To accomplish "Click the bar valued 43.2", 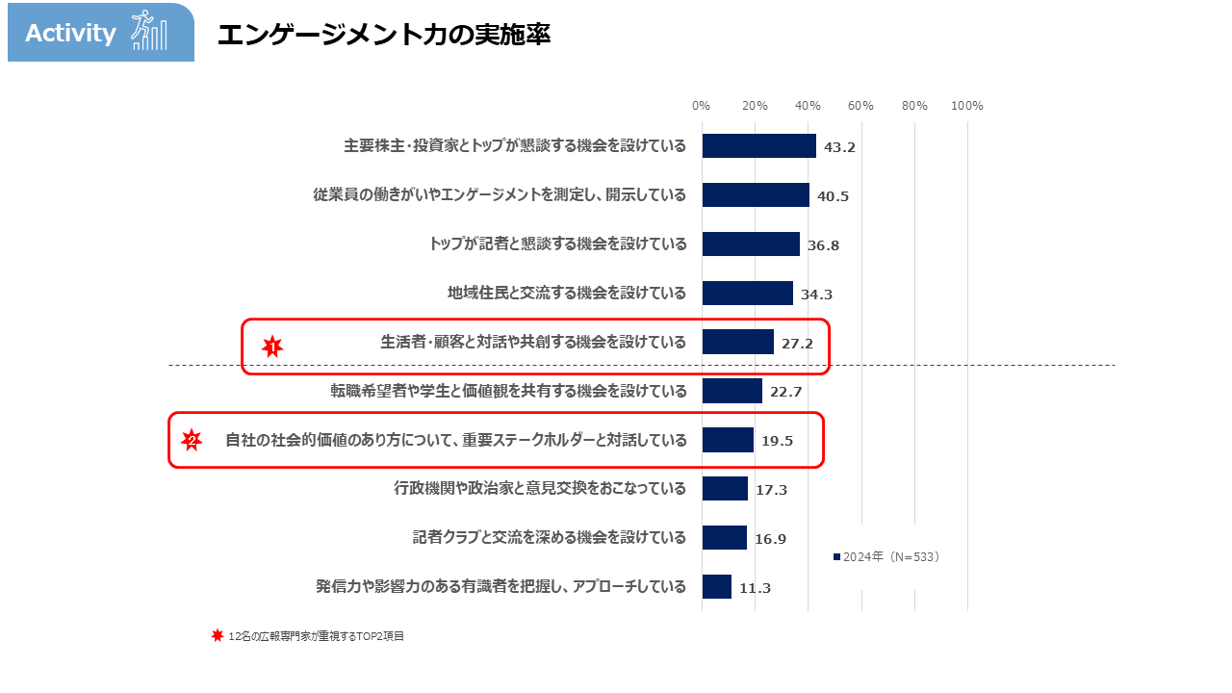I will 758,146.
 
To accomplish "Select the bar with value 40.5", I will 756,195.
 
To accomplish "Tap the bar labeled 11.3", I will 717,586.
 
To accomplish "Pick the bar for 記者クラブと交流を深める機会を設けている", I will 724,537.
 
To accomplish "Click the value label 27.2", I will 797,344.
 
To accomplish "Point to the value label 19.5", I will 777,442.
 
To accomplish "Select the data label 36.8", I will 823,245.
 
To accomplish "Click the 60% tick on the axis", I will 860,106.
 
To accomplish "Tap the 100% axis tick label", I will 966,106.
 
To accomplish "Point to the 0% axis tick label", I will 702,106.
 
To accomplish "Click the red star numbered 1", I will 272,346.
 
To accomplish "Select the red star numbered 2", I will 192,441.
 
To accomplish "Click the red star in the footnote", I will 218,635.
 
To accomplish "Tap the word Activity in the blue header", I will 70,34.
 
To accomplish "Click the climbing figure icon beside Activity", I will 148,31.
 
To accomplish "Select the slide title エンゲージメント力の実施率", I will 383,35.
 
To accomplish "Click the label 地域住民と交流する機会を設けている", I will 567,293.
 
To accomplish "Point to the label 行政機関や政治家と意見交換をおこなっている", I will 540,488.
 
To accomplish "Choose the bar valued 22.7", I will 731,391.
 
